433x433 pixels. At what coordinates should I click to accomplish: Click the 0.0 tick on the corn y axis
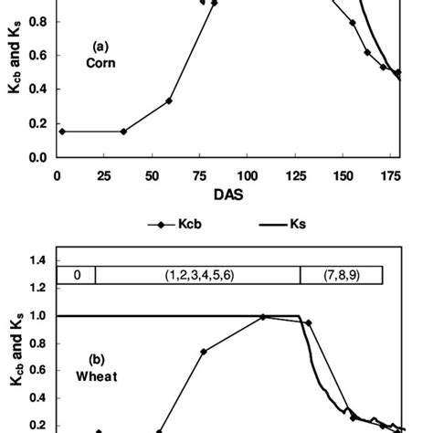tap(37, 157)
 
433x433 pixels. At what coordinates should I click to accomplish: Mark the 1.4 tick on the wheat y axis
tap(37, 261)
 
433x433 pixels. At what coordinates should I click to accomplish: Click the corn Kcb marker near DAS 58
tap(169, 100)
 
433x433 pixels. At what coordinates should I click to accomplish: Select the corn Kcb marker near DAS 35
tap(124, 131)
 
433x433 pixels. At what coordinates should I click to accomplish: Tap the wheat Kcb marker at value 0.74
tap(204, 352)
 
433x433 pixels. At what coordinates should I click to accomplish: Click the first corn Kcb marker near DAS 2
tap(62, 131)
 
